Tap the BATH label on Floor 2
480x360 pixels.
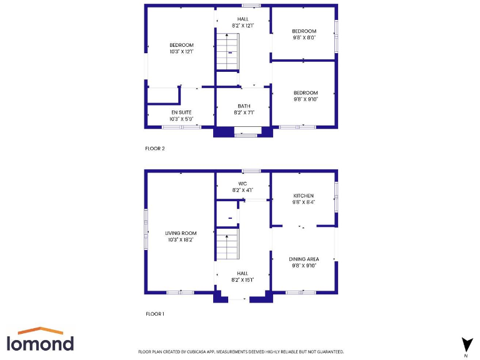coord(244,106)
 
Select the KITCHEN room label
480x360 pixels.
coord(304,196)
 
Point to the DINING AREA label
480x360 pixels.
coord(304,259)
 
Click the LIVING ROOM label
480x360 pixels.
coord(181,233)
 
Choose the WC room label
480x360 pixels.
coord(242,184)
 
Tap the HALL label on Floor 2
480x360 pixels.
coord(242,19)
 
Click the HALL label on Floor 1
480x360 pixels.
coord(242,273)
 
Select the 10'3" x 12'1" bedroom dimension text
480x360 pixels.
coord(181,52)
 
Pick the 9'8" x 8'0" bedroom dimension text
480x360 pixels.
coord(304,37)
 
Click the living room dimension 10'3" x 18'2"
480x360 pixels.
coord(181,239)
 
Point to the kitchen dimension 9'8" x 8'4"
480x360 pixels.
coord(304,202)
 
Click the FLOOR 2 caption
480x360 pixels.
coord(154,149)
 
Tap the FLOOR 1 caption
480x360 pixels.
coord(154,314)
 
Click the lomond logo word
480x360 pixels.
coord(40,343)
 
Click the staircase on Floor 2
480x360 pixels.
coord(227,52)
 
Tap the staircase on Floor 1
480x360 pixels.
coord(227,245)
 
